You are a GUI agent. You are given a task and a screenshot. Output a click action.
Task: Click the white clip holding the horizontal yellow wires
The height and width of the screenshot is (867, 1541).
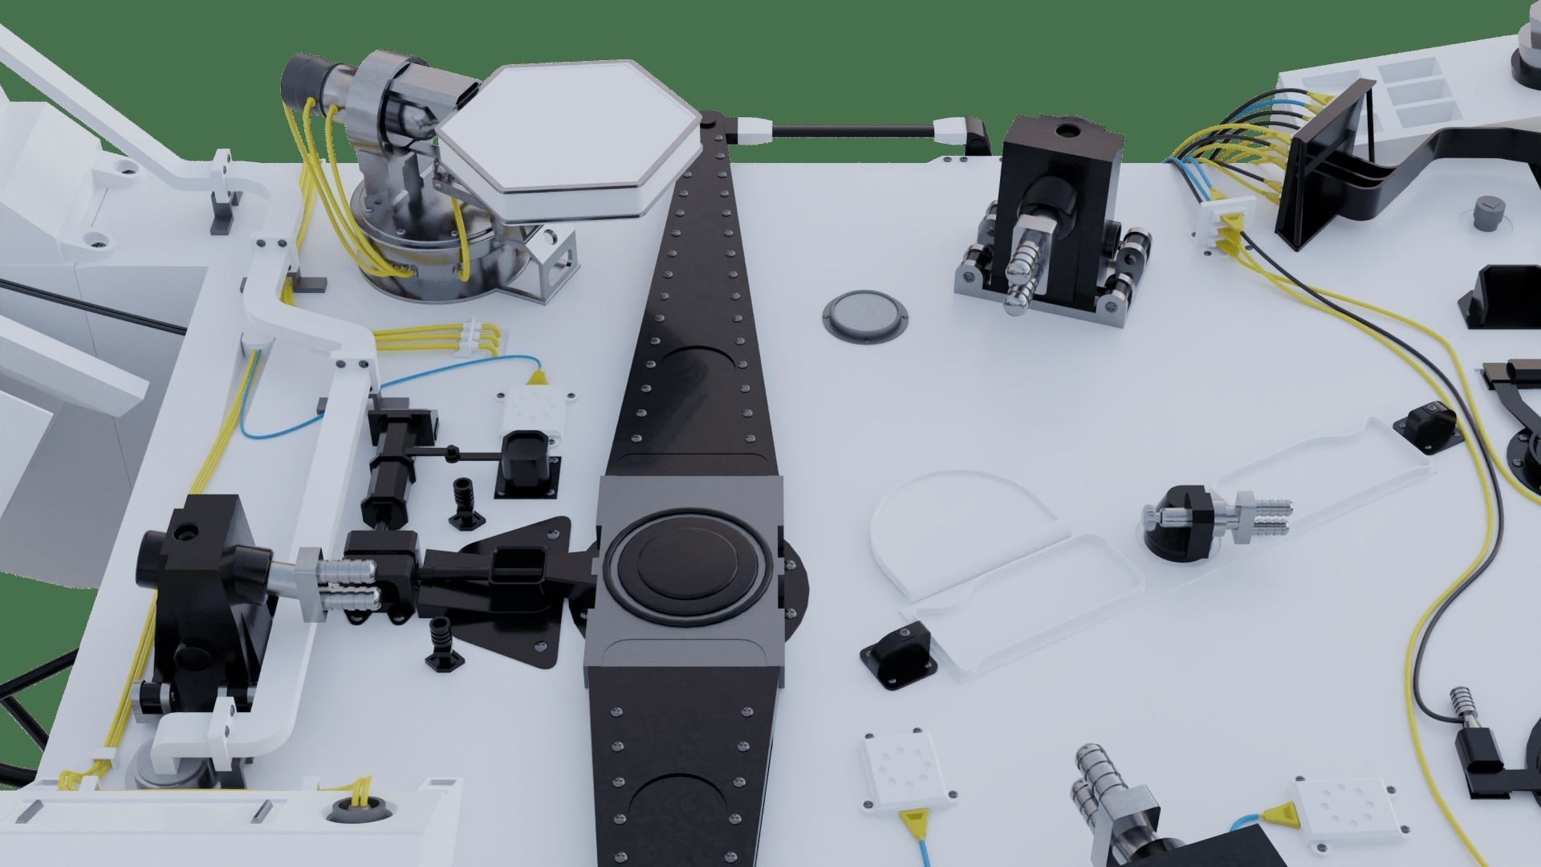click(x=475, y=337)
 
